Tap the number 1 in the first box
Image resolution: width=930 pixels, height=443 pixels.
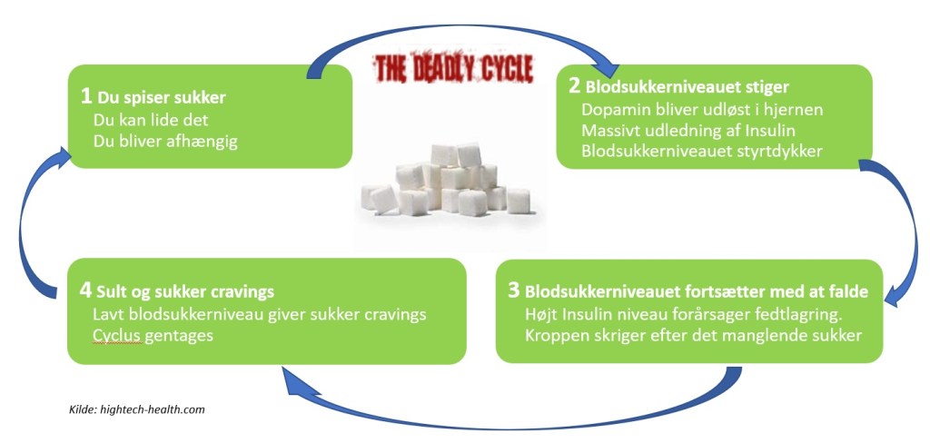(85, 95)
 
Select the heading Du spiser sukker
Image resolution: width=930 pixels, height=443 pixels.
(160, 97)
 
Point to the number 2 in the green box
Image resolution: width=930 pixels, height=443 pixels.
(574, 86)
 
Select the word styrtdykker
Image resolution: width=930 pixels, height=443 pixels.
(777, 152)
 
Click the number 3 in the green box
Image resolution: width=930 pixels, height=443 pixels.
(513, 290)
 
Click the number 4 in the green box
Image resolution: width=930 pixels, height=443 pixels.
(85, 291)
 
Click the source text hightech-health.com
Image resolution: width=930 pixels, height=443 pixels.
(155, 409)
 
